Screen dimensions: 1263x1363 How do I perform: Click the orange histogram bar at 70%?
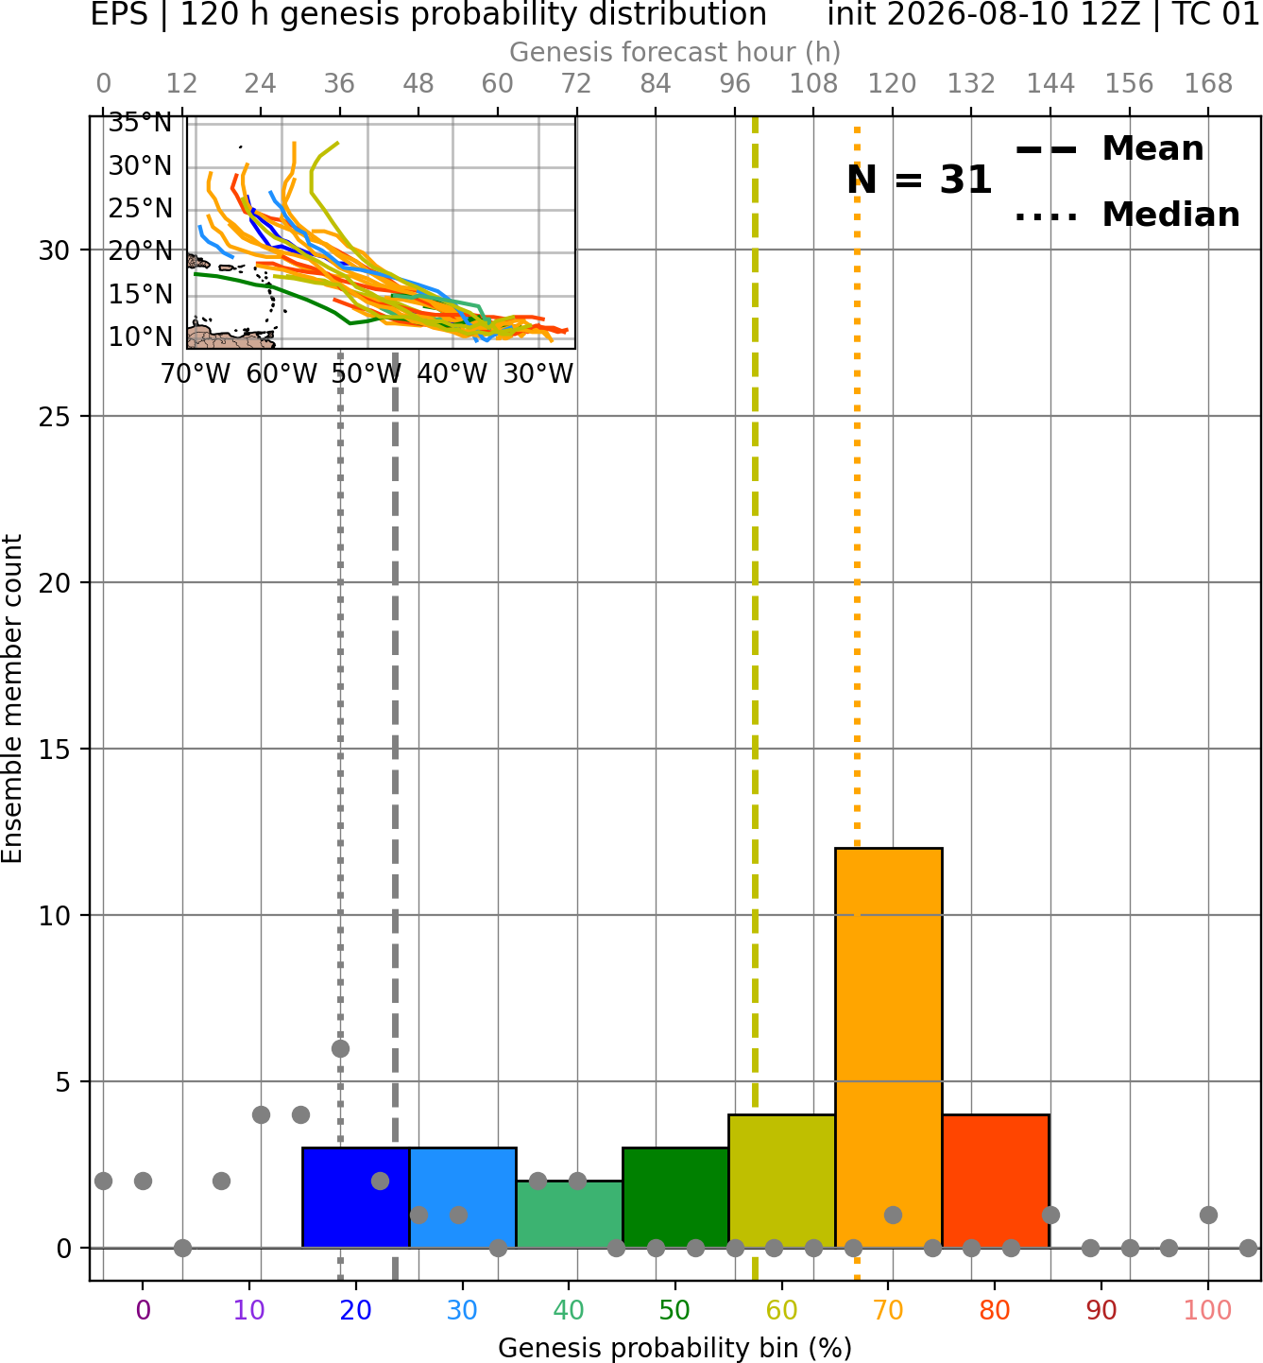(x=888, y=1047)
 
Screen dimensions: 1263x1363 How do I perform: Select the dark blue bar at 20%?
(x=356, y=1197)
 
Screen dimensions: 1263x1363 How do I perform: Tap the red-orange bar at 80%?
(x=996, y=1181)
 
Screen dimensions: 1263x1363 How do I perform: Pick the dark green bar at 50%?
(x=675, y=1197)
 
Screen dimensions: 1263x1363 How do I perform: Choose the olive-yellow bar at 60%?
(x=782, y=1181)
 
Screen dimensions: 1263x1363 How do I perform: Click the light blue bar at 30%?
(x=462, y=1197)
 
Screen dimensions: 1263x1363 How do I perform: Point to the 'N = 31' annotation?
(x=919, y=180)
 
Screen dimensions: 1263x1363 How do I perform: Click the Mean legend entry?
(x=1109, y=149)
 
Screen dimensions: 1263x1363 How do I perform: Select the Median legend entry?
(x=1127, y=215)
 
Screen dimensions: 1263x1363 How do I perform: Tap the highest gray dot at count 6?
(x=340, y=1048)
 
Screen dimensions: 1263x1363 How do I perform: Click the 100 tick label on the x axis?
(x=1207, y=1310)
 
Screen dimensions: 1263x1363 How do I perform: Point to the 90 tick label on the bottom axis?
(x=1101, y=1310)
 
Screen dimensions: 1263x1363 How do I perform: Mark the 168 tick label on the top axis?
(x=1208, y=84)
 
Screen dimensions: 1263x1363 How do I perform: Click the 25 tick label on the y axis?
(x=54, y=417)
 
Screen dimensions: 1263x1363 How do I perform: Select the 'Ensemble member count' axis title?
(x=12, y=699)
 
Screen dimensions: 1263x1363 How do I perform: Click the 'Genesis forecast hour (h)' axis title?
(x=675, y=52)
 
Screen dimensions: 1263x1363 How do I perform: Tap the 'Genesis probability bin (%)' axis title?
(x=675, y=1348)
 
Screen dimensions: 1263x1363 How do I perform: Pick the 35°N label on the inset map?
(x=140, y=124)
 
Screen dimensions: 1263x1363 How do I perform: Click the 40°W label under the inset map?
(x=452, y=374)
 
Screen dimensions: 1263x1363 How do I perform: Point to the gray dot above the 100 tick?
(x=1208, y=1215)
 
